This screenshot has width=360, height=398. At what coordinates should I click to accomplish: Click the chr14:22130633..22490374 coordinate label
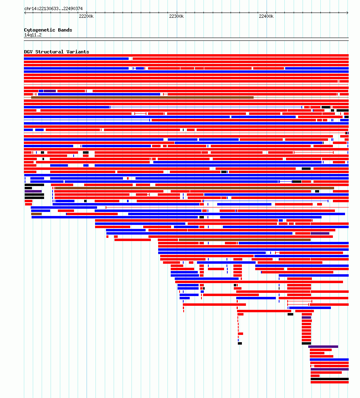(x=53, y=8)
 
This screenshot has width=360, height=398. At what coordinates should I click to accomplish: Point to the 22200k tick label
(x=86, y=16)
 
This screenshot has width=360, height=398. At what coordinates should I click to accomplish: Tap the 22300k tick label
(x=176, y=16)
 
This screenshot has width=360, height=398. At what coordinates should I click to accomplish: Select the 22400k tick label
(x=266, y=16)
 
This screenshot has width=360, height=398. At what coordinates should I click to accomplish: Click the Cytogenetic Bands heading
(x=48, y=30)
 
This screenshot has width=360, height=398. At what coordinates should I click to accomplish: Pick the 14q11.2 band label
(x=33, y=35)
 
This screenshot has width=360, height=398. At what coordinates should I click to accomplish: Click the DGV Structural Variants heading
(x=57, y=52)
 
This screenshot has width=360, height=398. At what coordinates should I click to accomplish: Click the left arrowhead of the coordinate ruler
(x=25, y=13)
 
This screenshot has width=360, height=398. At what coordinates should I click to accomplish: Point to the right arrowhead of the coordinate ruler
(x=347, y=13)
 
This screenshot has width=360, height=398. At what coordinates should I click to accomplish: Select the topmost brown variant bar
(x=142, y=97)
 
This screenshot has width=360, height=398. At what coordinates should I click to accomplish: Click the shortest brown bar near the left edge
(x=36, y=214)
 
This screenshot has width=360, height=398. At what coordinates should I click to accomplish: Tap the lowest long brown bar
(x=244, y=240)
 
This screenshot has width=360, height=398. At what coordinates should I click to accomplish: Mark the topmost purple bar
(x=49, y=91)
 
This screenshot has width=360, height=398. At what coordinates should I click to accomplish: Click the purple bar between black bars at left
(x=33, y=191)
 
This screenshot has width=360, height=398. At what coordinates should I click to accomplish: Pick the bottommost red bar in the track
(x=330, y=382)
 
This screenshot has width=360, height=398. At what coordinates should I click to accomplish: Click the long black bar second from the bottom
(x=330, y=379)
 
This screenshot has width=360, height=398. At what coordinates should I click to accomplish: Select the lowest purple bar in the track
(x=330, y=369)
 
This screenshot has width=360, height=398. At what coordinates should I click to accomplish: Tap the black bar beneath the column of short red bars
(x=306, y=343)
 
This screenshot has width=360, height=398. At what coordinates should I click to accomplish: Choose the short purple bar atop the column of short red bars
(x=306, y=318)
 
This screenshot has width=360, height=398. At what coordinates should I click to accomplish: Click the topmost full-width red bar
(x=186, y=55)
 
